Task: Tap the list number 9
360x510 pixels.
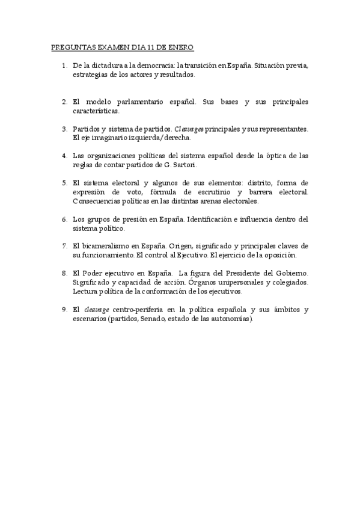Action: [x=64, y=310]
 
